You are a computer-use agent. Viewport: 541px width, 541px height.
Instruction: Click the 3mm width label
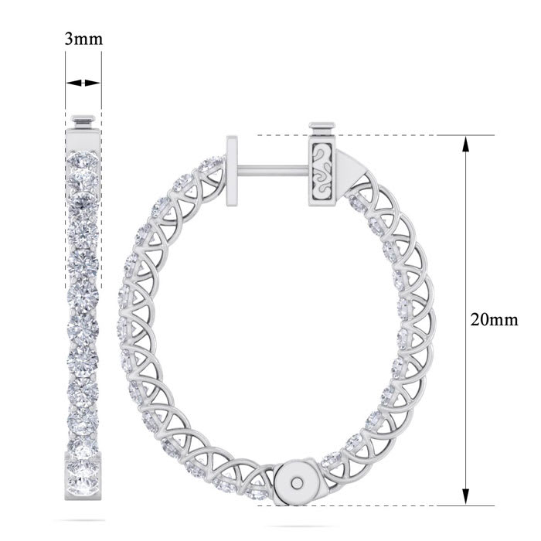83,39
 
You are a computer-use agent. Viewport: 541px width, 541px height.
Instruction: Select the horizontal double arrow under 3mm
83,83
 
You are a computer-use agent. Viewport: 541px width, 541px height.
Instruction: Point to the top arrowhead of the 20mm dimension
465,142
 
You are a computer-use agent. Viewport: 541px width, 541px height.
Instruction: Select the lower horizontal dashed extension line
371,507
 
